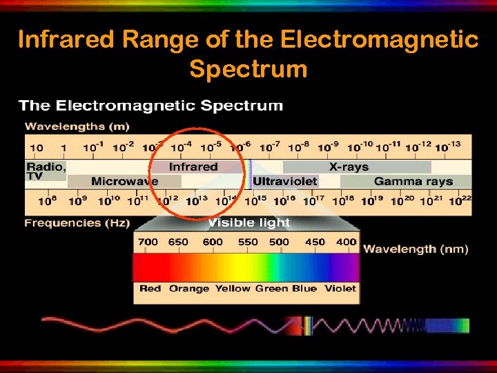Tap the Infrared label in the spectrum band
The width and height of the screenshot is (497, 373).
click(193, 166)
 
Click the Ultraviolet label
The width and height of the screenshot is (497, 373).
click(285, 182)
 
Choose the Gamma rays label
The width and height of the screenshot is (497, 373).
click(413, 182)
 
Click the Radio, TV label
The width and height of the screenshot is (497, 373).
click(46, 171)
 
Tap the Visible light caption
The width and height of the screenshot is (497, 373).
click(249, 222)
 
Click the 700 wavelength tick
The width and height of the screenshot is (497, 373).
click(148, 242)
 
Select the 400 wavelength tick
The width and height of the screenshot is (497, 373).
click(346, 242)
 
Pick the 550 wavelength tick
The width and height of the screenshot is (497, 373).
click(247, 242)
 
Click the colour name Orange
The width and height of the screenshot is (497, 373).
click(188, 288)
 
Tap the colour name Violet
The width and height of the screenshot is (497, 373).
click(340, 288)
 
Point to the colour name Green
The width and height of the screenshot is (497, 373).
click(271, 288)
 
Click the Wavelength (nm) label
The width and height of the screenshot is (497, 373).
click(416, 249)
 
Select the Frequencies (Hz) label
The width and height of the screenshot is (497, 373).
click(77, 223)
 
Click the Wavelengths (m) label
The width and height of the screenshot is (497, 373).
click(77, 126)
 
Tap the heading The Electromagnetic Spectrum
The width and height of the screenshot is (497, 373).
click(151, 106)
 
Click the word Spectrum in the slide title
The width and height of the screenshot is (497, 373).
click(248, 69)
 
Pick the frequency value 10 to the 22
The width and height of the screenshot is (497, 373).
click(460, 201)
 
